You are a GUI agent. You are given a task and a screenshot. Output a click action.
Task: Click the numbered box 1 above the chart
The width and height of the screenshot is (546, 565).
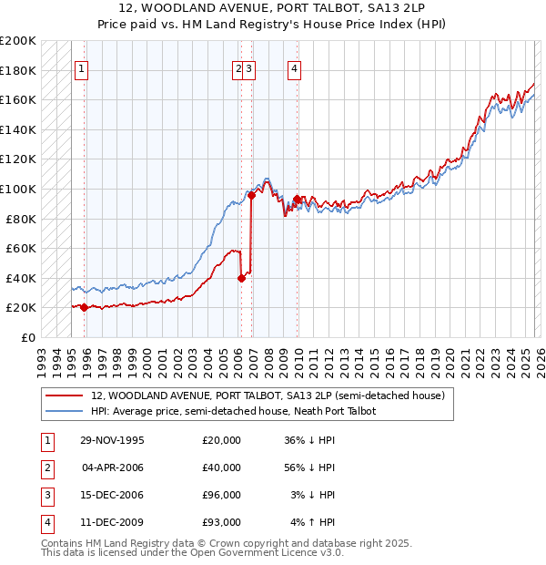coord(81,67)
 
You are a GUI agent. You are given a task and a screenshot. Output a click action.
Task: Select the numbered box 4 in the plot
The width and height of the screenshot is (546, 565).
coord(295,67)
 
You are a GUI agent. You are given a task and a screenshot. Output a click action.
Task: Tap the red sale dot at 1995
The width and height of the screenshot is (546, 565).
coord(84,307)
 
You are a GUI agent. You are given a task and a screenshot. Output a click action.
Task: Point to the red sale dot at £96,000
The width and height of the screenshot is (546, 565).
coord(251,195)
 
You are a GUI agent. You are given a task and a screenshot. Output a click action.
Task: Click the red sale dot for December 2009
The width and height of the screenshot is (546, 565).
coord(297,199)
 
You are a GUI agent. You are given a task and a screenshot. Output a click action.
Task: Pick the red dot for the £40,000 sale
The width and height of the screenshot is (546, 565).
coord(241,278)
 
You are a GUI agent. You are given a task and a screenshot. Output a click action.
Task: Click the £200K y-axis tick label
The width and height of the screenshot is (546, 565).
coord(18,41)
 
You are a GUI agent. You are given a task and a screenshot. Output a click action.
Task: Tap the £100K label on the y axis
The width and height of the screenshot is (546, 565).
coord(18,189)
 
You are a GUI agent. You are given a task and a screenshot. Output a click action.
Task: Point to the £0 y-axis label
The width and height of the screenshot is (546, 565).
coord(26,337)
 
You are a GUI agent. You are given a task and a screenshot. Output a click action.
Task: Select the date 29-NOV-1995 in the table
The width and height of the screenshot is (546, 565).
coord(112,440)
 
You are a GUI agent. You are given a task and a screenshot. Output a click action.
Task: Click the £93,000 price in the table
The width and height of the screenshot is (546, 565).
coord(221,522)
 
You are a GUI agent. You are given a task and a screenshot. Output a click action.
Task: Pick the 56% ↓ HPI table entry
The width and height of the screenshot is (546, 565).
coord(310,467)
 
